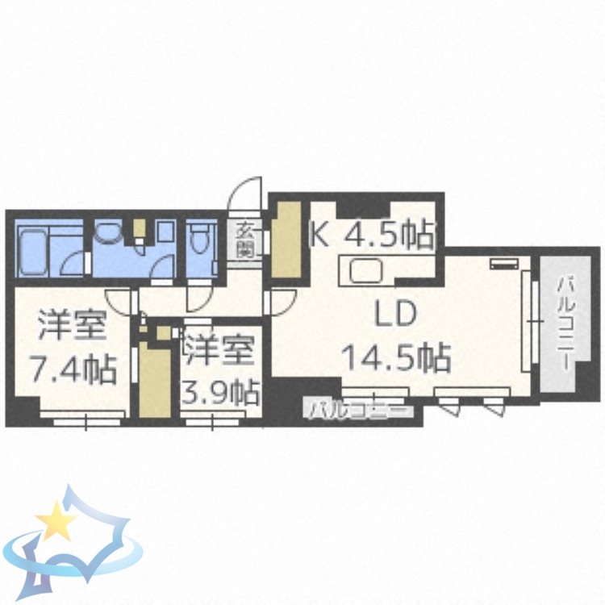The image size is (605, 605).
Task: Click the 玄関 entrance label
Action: [247, 239]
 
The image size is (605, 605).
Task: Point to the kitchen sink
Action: [368, 269]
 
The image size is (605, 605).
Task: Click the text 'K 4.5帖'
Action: [373, 235]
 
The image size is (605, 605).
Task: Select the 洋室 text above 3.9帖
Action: [219, 352]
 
